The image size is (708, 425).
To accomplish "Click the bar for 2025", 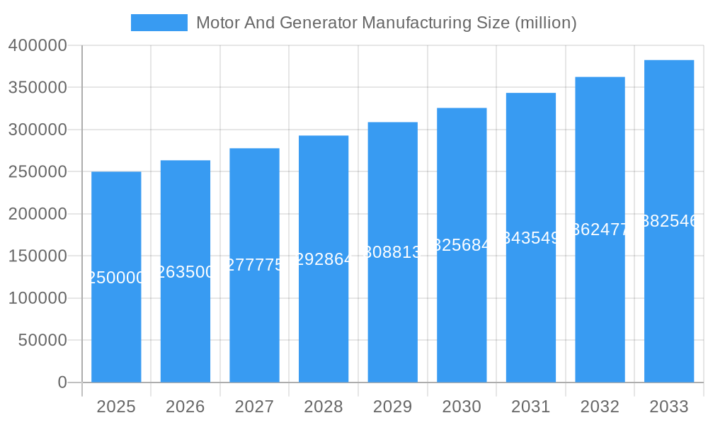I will pos(116,319).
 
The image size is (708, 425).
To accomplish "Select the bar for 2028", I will pos(324,319).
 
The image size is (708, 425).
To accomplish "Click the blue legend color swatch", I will pos(159,23).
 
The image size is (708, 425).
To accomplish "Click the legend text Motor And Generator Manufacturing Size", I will pos(386,23).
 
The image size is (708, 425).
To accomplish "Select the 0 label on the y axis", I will pos(62,382).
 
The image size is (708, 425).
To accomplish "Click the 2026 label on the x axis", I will pos(185,407).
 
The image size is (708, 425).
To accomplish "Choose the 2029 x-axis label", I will pos(393,407).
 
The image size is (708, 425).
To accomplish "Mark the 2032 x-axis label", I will pos(600,407).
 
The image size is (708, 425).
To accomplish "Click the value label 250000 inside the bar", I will pos(116,278).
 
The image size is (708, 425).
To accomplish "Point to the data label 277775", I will pos(254,265).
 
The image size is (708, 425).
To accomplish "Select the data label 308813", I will pos(393,252).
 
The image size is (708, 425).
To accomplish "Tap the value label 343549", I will pos(531,238).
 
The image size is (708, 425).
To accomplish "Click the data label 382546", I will pos(669,221).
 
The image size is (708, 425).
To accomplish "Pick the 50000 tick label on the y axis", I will pos(42,341).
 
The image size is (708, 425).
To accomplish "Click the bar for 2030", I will pos(462,319).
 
